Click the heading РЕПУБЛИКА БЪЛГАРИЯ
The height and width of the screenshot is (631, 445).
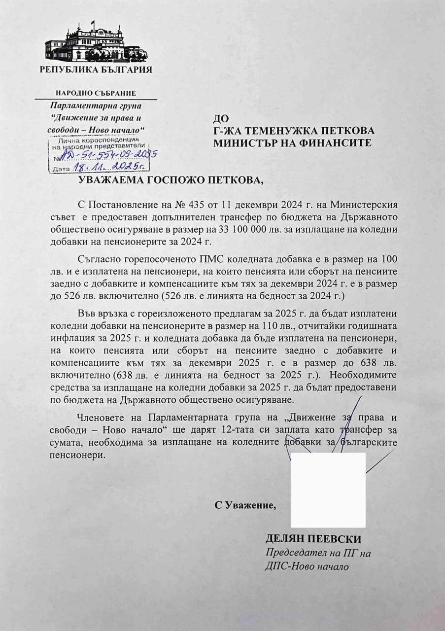click(x=96, y=70)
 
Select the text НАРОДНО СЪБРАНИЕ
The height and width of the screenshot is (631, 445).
click(x=96, y=93)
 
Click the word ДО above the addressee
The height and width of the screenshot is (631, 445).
click(x=220, y=118)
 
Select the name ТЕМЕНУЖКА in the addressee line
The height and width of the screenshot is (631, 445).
click(x=283, y=131)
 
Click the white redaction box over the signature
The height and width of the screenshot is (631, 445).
click(x=328, y=490)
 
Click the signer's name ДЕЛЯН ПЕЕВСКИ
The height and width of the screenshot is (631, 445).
click(x=313, y=539)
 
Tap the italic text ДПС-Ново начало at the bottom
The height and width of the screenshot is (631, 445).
click(x=307, y=566)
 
